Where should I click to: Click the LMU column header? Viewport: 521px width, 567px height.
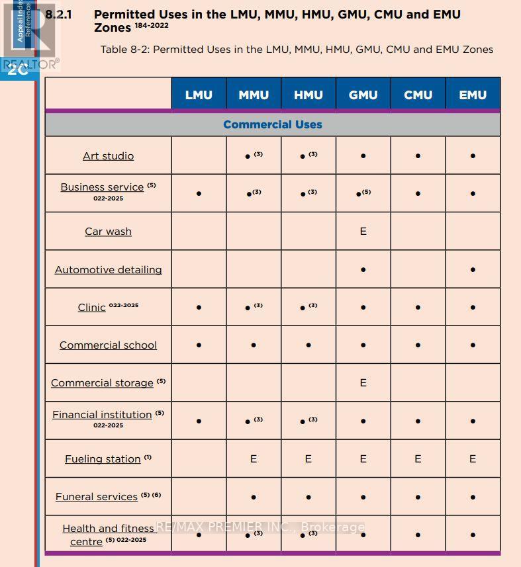pos(199,95)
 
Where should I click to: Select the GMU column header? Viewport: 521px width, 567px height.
pos(363,95)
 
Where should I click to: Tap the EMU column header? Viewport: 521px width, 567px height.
pos(473,95)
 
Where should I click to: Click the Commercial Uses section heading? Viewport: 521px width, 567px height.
pos(272,124)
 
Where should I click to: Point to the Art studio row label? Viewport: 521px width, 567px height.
pos(108,155)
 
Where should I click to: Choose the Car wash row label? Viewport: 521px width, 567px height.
pos(108,231)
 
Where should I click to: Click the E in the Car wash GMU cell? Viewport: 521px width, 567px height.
pos(363,231)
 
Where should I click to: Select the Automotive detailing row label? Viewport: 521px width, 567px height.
pos(108,269)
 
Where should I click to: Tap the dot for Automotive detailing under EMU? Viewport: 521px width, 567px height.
pos(473,270)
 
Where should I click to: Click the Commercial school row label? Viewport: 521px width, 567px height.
pos(108,345)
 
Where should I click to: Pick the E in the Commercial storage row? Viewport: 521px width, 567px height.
pos(363,382)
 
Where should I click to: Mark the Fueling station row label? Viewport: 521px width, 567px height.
pos(103,458)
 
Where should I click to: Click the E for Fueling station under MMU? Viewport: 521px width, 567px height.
pos(254,458)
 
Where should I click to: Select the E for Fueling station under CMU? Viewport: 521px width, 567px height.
pos(418,458)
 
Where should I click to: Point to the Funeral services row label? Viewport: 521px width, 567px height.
pos(97,496)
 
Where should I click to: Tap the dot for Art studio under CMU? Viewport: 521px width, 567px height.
pos(418,156)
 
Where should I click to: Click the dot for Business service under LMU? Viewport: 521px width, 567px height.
pos(199,194)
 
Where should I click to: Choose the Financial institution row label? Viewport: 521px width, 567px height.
pos(102,414)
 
